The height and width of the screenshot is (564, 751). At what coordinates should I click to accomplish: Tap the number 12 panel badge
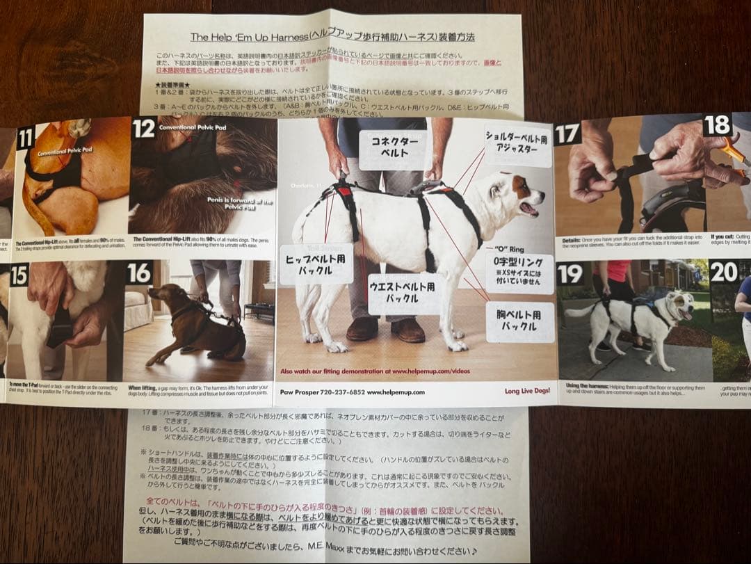(x=143, y=129)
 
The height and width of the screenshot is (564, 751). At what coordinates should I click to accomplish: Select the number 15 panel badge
(x=19, y=275)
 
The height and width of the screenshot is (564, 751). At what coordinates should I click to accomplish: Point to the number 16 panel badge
(x=139, y=273)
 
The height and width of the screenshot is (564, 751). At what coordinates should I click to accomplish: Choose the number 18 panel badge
(x=717, y=124)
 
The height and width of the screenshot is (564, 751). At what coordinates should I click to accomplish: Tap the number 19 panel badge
(x=570, y=273)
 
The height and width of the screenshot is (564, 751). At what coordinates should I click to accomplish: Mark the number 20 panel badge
(x=723, y=271)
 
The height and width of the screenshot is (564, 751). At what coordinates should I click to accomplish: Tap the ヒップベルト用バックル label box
(x=316, y=264)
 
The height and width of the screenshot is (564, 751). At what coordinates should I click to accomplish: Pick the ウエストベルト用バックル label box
(x=404, y=293)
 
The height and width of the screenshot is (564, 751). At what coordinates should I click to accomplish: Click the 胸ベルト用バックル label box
(x=520, y=321)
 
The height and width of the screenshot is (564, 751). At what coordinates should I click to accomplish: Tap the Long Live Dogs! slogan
(x=528, y=391)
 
